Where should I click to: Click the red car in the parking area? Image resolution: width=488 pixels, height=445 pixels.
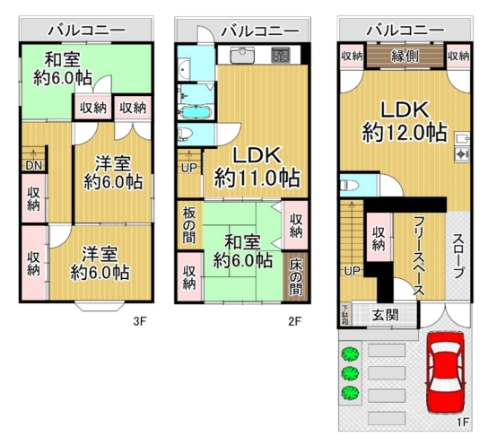447,372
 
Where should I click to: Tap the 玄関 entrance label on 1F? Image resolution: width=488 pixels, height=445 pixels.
386,315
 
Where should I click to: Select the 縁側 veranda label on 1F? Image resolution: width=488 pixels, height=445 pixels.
405,56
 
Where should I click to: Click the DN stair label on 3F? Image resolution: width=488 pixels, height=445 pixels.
33,165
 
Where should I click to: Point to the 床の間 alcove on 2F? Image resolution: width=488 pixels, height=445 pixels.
295,277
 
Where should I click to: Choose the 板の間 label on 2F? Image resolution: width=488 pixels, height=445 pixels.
189,225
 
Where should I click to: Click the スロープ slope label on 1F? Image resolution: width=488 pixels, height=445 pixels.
457,256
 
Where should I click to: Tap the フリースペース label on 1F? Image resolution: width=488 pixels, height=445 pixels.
419,256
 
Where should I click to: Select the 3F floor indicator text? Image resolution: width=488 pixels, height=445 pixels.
139,321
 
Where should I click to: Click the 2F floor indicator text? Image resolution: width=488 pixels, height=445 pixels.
295,321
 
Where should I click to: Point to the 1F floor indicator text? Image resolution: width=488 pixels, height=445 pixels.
463,423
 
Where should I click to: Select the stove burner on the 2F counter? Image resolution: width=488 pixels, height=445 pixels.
281,56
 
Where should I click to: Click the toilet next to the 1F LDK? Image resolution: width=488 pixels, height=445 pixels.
346,186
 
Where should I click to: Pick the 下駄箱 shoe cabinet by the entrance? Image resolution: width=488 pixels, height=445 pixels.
345,314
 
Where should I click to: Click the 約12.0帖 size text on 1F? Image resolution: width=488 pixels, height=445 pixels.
405,132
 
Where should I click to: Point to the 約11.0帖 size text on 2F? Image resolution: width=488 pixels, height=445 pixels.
257,178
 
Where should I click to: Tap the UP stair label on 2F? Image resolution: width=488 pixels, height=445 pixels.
189,169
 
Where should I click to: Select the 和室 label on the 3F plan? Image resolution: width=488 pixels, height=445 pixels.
63,59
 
